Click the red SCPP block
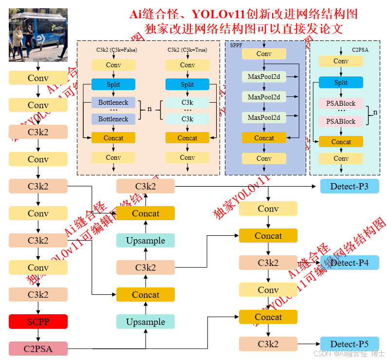38,322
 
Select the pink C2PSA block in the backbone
38,348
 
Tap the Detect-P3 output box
349,186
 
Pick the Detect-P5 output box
349,344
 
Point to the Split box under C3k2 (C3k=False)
113,84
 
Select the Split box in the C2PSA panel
341,82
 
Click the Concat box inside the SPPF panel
264,138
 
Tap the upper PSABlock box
341,103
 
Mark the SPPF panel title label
236,45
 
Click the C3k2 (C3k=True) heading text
187,50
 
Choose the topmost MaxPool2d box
264,76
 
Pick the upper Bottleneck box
113,103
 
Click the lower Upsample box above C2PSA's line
146,322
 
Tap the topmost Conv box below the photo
38,78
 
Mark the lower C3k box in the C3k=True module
187,119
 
